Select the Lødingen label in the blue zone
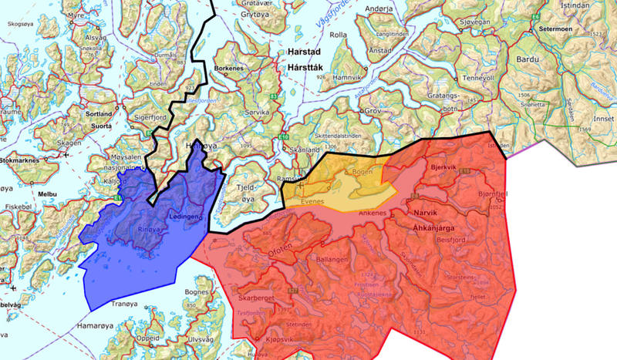(x=189, y=218)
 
